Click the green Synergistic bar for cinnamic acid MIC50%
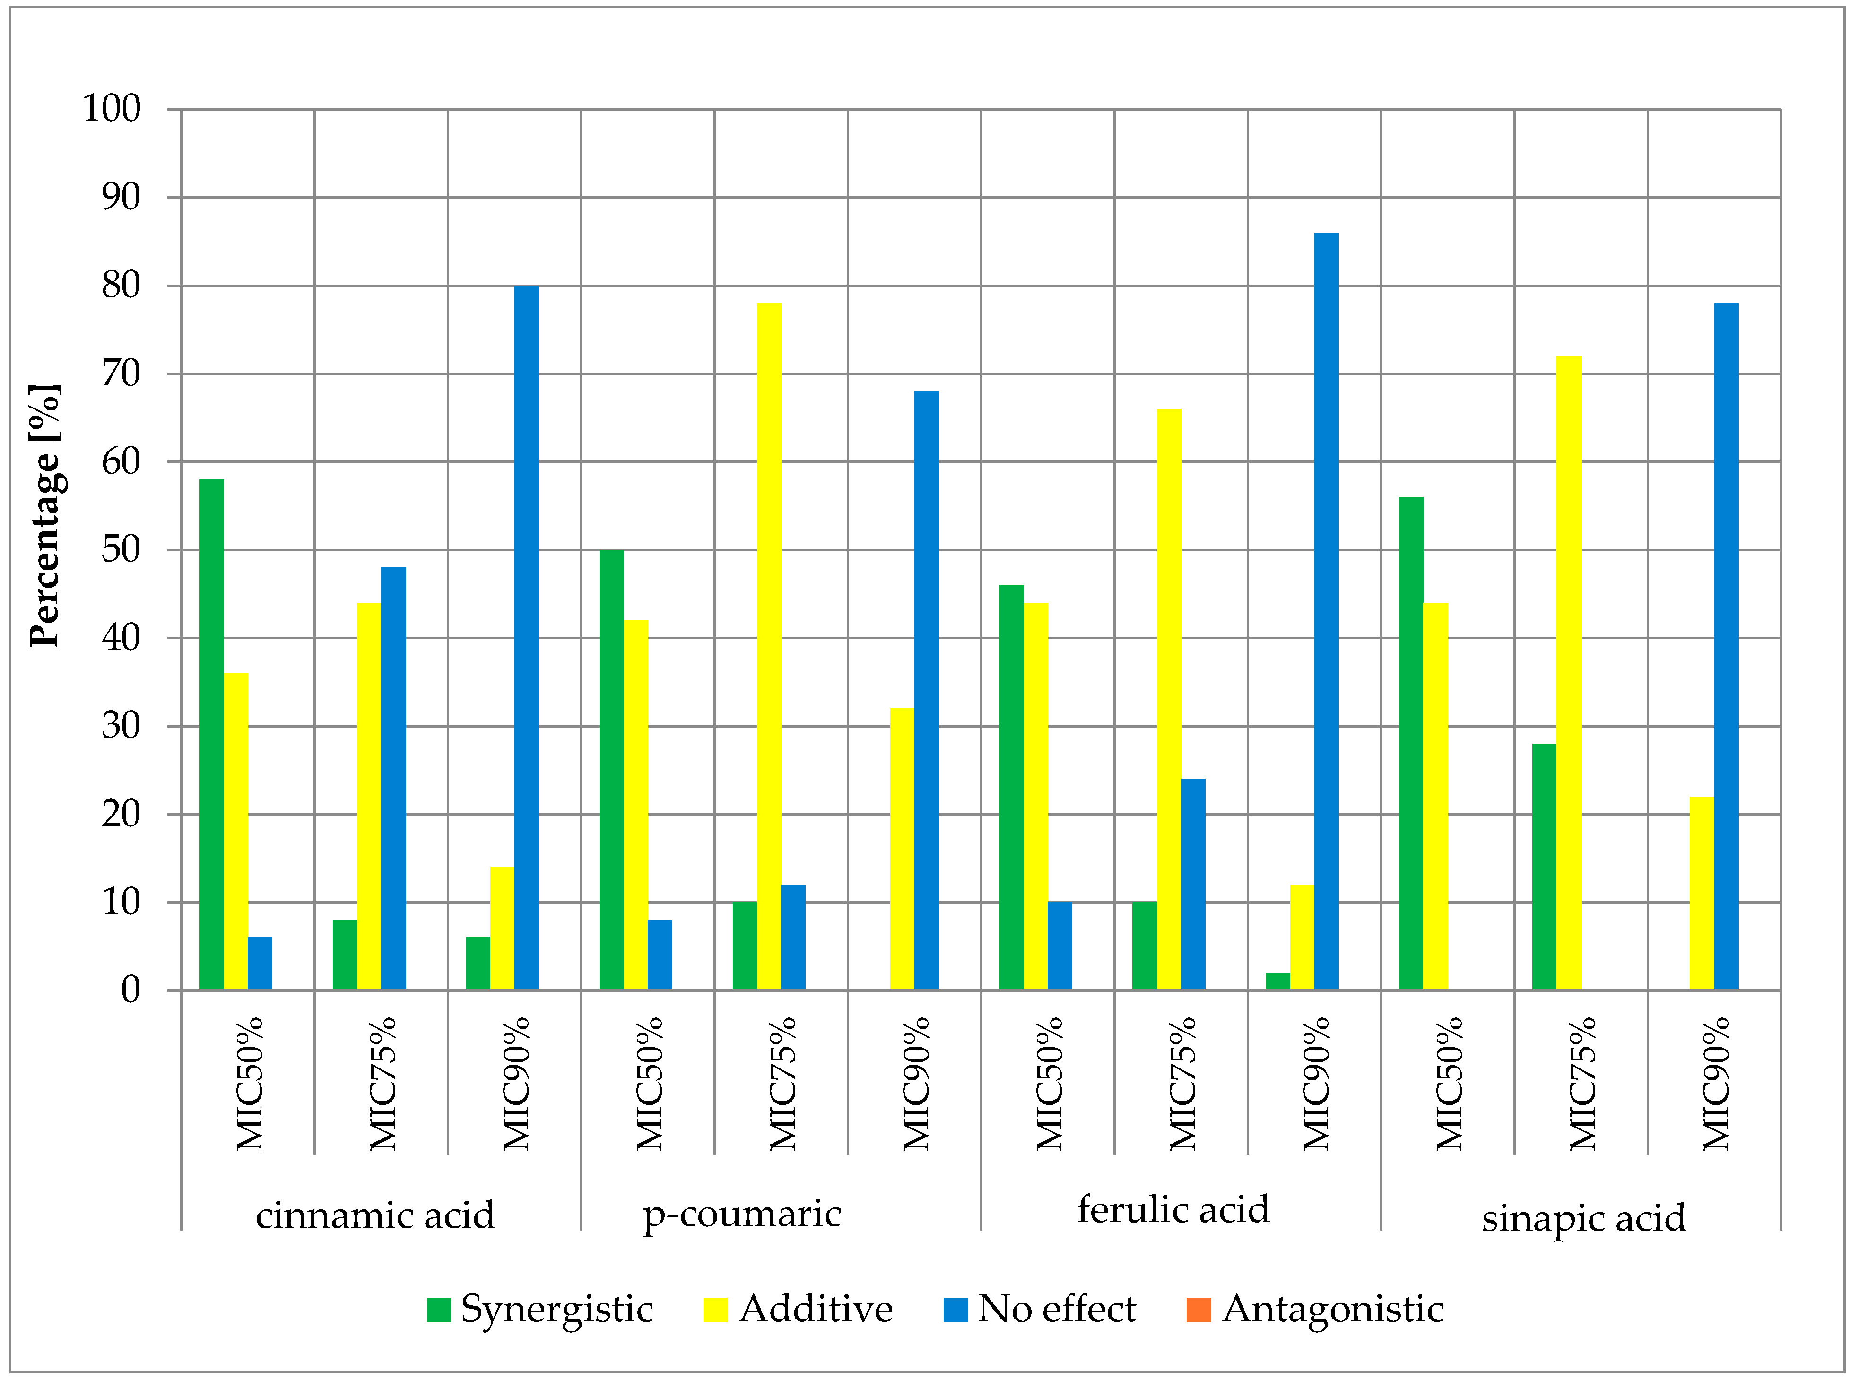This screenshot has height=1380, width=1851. (211, 735)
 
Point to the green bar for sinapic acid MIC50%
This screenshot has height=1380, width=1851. (1411, 744)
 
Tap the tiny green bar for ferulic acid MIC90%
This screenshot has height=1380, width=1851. (1277, 981)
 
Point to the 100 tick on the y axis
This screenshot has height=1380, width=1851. (111, 109)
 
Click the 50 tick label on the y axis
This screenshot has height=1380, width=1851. (121, 550)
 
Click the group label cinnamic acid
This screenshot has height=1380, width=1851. (375, 1215)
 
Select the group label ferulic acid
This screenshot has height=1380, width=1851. (1173, 1210)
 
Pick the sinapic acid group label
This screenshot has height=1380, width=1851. (1584, 1218)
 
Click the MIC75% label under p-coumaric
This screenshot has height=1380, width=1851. (782, 1084)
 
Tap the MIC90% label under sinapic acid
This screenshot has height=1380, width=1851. (1716, 1084)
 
